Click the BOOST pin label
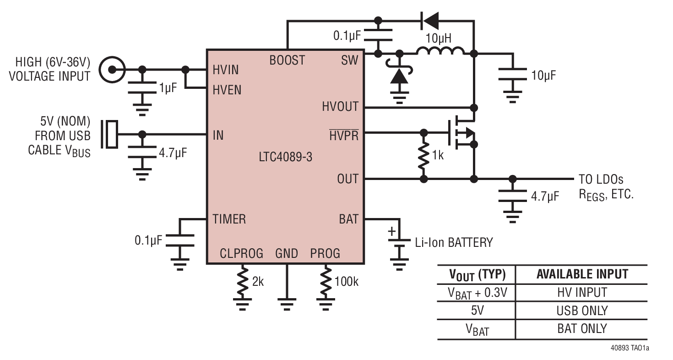(287, 60)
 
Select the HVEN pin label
(227, 90)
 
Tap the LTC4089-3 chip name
(285, 157)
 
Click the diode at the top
(429, 21)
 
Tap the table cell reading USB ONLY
(582, 311)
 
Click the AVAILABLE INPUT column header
(582, 274)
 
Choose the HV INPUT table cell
(582, 292)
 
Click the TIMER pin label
(229, 219)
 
